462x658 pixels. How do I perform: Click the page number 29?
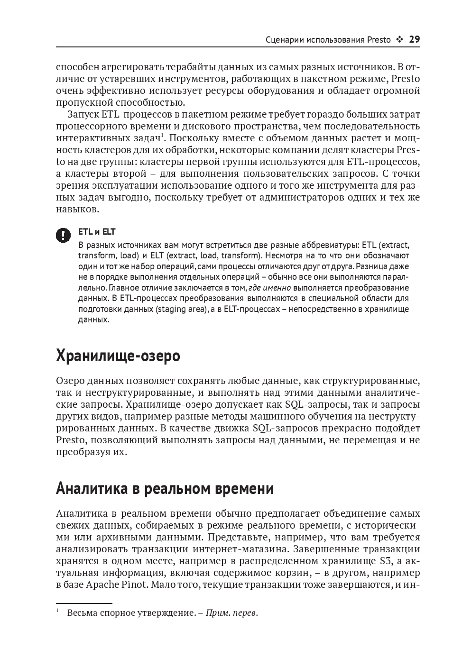click(414, 40)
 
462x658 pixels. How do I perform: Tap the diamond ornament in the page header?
click(399, 40)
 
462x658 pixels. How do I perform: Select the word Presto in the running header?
click(379, 40)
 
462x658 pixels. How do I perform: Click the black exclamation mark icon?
click(63, 235)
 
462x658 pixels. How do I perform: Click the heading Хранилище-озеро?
click(118, 355)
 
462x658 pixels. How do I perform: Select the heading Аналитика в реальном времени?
click(165, 488)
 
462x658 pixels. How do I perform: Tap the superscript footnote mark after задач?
click(162, 136)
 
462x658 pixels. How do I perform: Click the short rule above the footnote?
click(84, 603)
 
